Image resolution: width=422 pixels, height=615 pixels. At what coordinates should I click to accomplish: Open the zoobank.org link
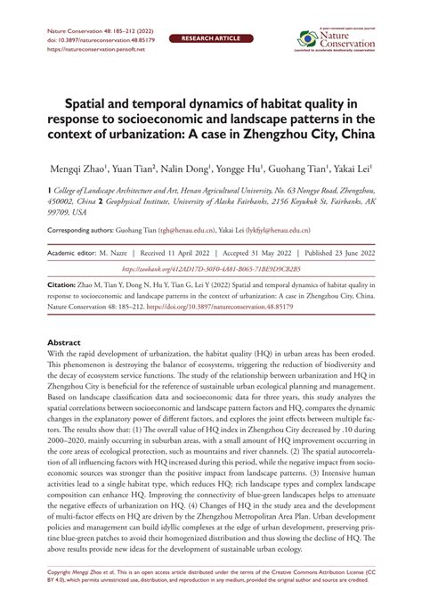(212, 266)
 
